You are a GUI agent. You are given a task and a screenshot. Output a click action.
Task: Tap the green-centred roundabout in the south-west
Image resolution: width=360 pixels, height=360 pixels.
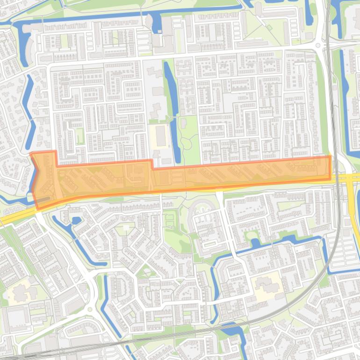(90, 309)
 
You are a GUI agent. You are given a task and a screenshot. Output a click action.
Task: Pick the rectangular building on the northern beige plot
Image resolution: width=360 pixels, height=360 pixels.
(161, 136)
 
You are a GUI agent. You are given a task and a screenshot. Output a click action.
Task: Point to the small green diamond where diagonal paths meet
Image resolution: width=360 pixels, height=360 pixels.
(269, 28)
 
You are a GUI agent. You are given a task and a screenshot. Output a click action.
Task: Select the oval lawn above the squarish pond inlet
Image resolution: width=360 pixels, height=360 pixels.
(252, 235)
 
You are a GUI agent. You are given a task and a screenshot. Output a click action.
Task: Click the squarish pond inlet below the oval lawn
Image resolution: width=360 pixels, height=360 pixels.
(255, 243)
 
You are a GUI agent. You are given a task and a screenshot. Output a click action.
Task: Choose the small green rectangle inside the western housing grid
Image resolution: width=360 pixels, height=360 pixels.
(80, 136)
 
